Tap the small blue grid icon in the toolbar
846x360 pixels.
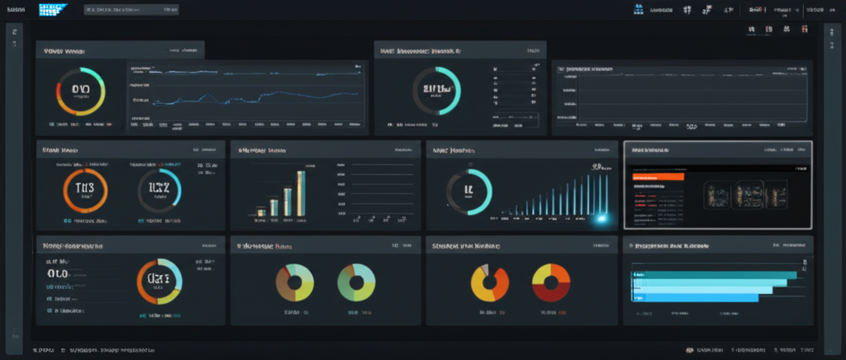[638, 11]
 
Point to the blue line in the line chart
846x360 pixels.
[248, 95]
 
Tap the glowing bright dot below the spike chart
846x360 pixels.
[601, 218]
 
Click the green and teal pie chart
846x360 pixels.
[357, 282]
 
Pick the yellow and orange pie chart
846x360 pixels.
[490, 282]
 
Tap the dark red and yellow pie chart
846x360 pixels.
[552, 282]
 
